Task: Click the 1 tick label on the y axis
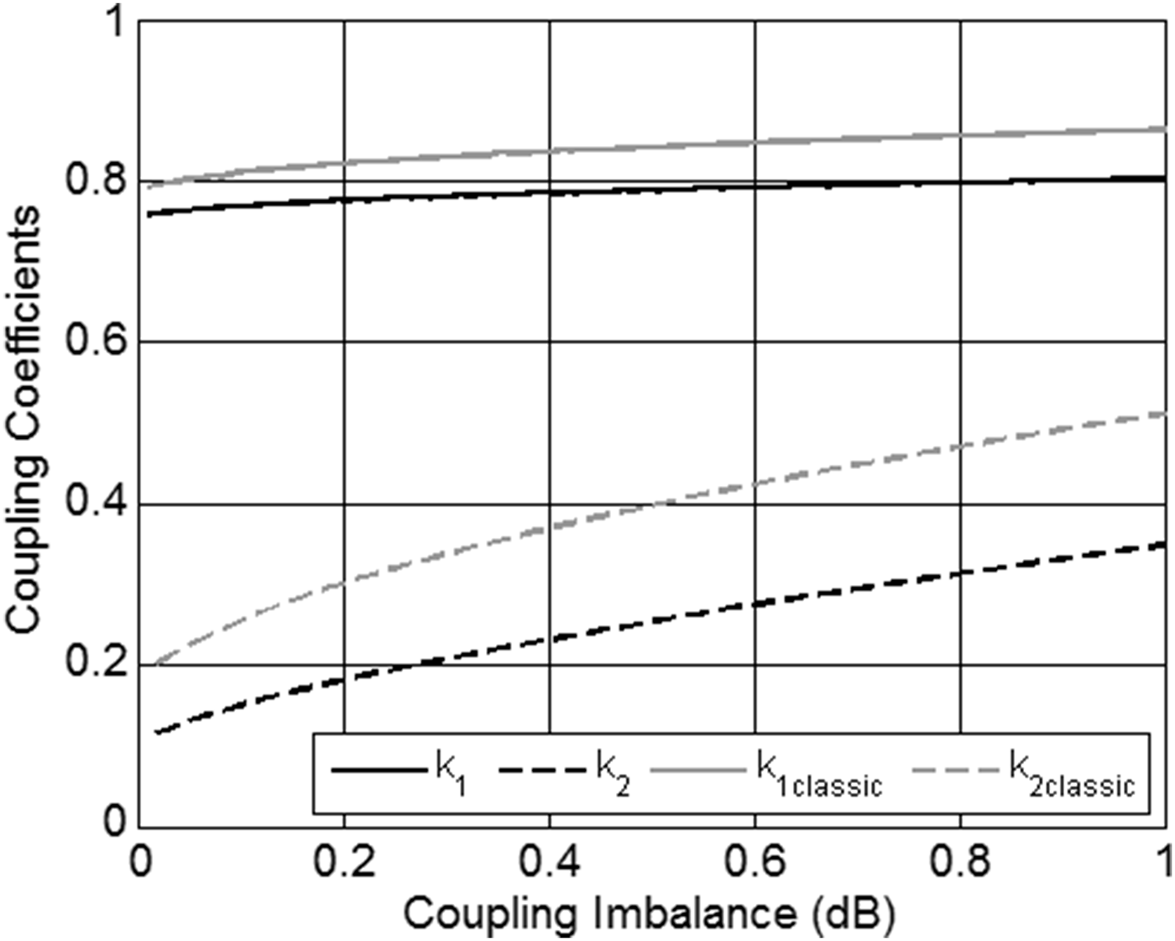tap(112, 23)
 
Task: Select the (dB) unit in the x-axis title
tap(853, 913)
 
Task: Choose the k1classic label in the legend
tap(819, 774)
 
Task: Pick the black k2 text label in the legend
tap(613, 772)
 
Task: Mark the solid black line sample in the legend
tap(379, 770)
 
